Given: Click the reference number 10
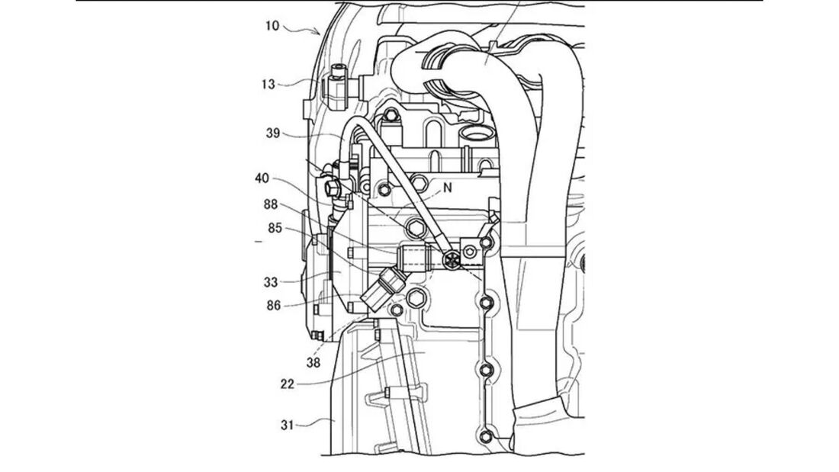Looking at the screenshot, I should pyautogui.click(x=272, y=25).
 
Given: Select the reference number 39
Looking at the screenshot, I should pyautogui.click(x=272, y=133).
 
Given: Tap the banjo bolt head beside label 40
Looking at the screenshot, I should pyautogui.click(x=333, y=186).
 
